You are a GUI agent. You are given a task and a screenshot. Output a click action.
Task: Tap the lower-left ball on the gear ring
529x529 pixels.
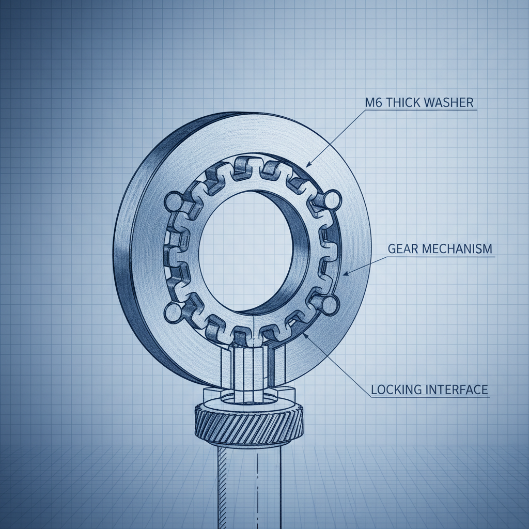point(172,311)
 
